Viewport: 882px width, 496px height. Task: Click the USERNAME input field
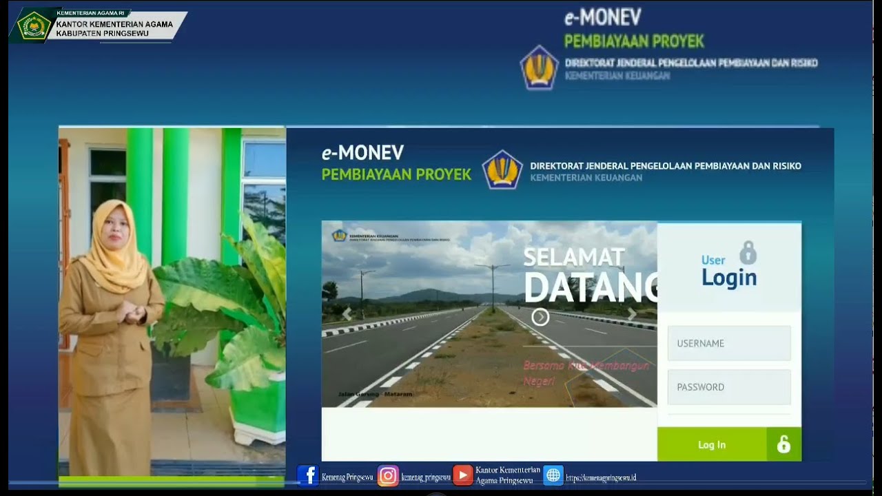click(x=729, y=343)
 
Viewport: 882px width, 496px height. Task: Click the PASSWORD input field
click(x=729, y=387)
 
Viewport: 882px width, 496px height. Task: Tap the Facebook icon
click(x=307, y=475)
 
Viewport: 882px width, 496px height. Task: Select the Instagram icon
click(x=388, y=476)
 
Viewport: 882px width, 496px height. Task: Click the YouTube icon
click(x=462, y=475)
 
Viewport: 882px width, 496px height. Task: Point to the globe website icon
click(x=553, y=475)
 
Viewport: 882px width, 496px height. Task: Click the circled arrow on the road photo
click(x=540, y=317)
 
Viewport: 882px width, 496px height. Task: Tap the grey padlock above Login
click(x=748, y=253)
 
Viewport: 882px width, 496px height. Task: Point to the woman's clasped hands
click(x=133, y=314)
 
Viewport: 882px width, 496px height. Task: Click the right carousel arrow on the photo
click(x=631, y=315)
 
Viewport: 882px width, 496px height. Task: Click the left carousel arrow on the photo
click(x=347, y=314)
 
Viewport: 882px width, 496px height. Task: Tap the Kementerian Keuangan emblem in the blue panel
click(x=502, y=169)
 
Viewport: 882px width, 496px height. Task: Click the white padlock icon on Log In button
click(x=783, y=444)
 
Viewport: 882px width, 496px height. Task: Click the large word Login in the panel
click(x=729, y=278)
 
